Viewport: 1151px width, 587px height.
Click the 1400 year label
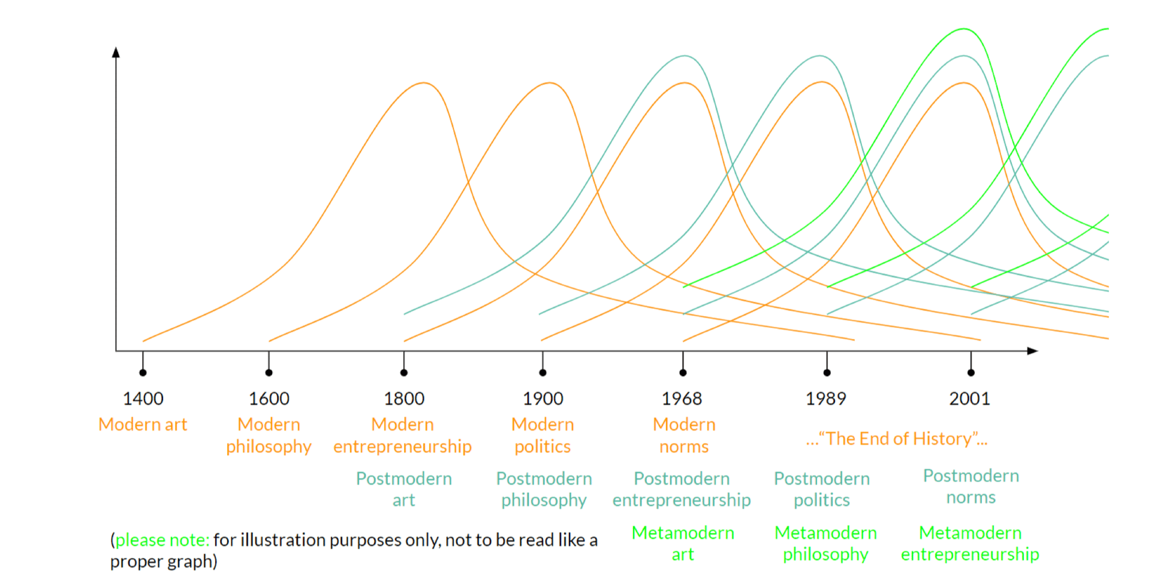(x=143, y=398)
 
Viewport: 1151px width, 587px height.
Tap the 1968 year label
(x=682, y=398)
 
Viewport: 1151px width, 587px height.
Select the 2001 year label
(x=969, y=398)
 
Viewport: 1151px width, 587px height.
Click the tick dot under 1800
(x=404, y=372)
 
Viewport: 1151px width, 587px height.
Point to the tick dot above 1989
(x=827, y=372)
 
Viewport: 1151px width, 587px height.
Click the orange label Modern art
(x=143, y=425)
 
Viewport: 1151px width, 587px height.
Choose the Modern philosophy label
(x=269, y=435)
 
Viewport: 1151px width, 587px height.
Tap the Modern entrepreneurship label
(x=402, y=435)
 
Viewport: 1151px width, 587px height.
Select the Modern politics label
(x=543, y=435)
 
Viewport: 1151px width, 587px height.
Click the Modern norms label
(x=684, y=435)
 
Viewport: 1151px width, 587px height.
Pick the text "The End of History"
(x=897, y=439)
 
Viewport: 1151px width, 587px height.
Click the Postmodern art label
(x=404, y=489)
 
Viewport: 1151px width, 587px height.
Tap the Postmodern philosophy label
(x=544, y=489)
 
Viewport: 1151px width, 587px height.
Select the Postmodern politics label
(x=822, y=489)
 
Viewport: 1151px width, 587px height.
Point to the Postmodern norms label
(x=971, y=486)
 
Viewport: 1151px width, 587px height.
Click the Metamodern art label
(x=683, y=543)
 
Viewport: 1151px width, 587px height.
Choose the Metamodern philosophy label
(x=825, y=543)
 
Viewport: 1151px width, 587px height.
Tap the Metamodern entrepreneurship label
(x=970, y=543)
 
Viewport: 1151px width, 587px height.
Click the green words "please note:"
(x=162, y=540)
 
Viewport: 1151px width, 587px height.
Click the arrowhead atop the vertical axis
(x=116, y=52)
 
